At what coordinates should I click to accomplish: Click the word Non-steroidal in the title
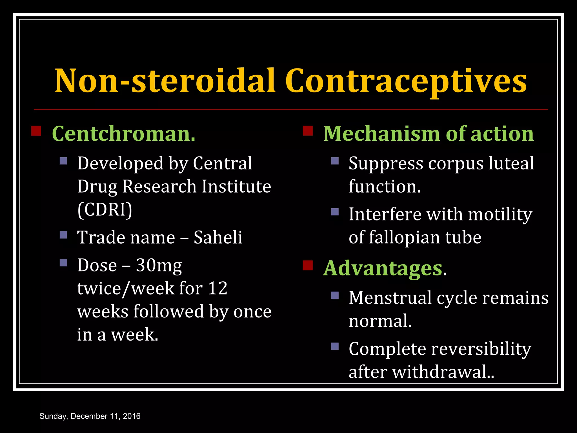[165, 81]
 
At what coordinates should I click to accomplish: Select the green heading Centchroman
[123, 134]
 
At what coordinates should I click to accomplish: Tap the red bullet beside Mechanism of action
[308, 131]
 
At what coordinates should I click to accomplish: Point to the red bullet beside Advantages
[308, 265]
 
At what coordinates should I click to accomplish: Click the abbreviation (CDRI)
[105, 210]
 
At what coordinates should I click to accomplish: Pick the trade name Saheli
[218, 237]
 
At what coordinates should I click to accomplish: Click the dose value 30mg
[159, 266]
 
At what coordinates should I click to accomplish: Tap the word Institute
[236, 187]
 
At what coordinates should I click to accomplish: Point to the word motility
[500, 215]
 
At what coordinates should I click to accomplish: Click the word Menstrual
[390, 298]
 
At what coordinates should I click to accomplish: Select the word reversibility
[481, 349]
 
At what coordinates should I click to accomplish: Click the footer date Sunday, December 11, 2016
[90, 416]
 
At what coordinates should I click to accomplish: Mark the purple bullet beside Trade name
[63, 235]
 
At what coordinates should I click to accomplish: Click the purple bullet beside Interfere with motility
[335, 212]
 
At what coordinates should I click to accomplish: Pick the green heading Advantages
[383, 268]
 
